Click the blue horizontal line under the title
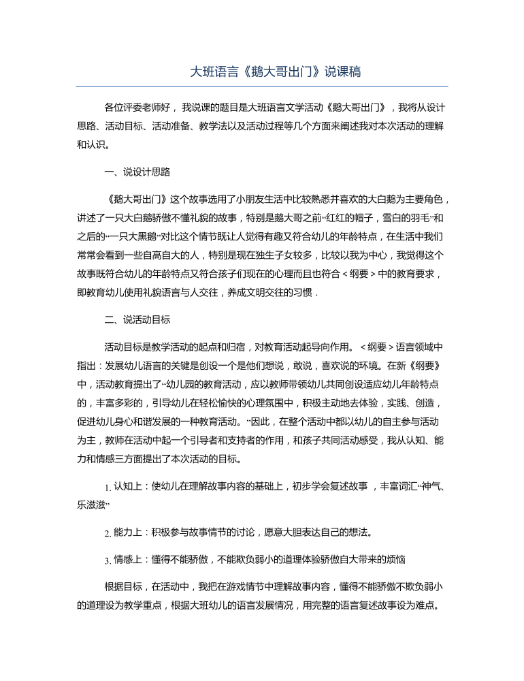[x=261, y=86]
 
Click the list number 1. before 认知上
[x=108, y=488]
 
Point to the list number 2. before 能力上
[x=108, y=533]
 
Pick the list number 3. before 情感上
[x=108, y=560]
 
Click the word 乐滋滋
[x=91, y=506]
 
